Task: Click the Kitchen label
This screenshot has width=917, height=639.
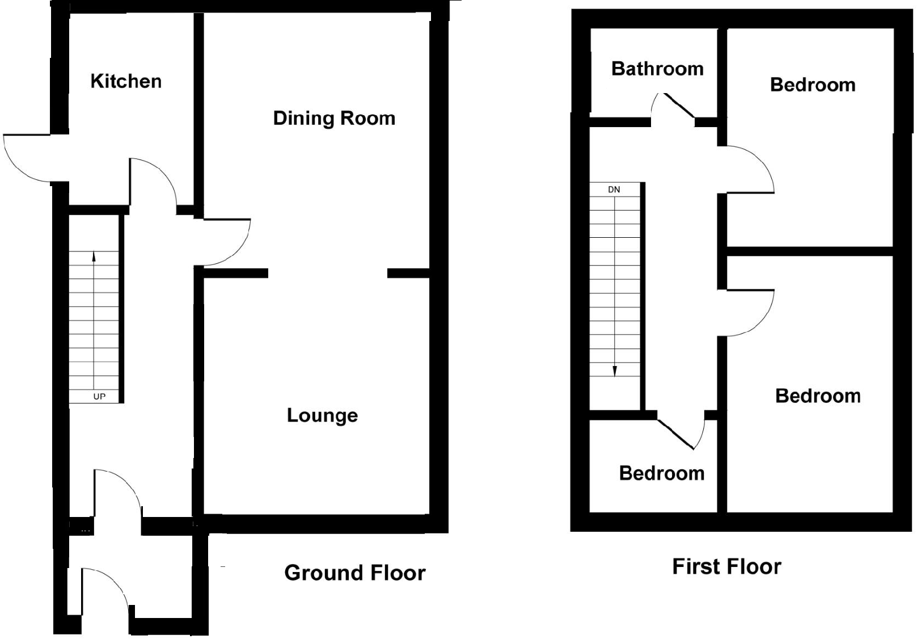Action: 126,81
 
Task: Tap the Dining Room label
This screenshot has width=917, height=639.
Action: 333,118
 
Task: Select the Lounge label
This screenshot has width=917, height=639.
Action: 322,415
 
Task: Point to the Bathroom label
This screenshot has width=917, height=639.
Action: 657,69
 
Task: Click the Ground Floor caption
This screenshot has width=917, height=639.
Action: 354,573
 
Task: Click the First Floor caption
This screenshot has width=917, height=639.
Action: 726,566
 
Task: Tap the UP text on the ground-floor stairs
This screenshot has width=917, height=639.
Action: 99,397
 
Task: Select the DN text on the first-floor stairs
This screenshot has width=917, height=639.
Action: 614,190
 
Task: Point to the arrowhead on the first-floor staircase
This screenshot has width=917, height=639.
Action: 615,371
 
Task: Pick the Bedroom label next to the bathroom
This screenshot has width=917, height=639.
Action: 812,85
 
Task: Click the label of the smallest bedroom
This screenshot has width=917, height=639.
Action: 661,473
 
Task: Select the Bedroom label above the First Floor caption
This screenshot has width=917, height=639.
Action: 817,396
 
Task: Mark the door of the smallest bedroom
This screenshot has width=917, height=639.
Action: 681,434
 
